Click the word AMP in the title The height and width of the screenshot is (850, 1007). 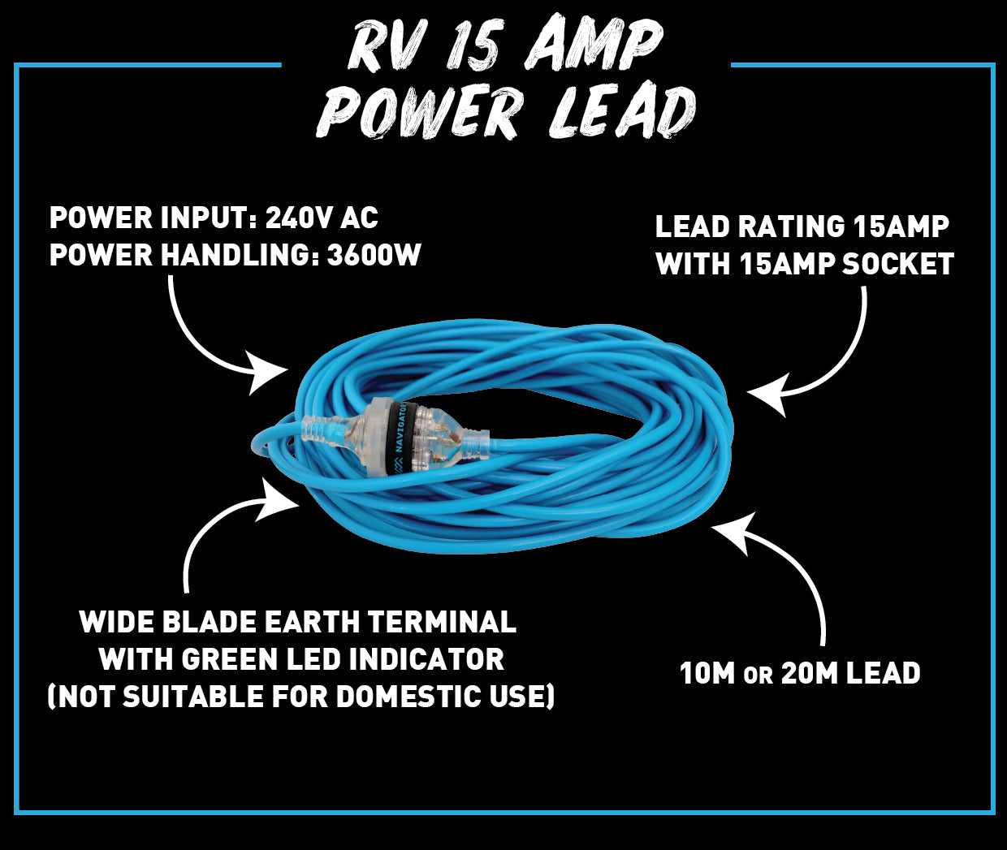[594, 47]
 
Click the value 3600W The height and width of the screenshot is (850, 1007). [374, 255]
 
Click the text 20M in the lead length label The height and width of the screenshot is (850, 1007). [809, 673]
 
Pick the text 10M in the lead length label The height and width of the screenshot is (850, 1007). [707, 673]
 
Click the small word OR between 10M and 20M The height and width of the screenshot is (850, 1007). [758, 675]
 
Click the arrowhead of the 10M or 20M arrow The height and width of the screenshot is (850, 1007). [730, 529]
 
